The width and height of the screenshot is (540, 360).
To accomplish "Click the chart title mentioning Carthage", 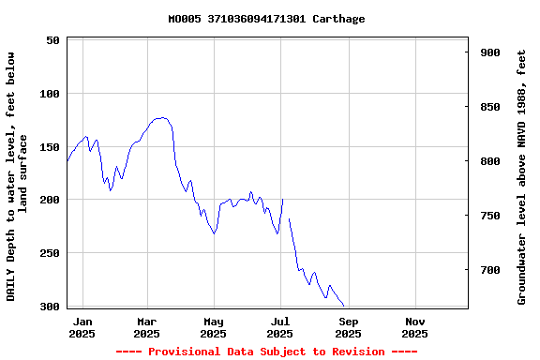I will (266, 19).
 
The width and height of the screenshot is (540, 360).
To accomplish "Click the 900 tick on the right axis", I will (490, 52).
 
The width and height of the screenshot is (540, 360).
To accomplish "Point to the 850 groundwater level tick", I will (490, 107).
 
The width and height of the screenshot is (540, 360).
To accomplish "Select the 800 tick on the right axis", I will (490, 161).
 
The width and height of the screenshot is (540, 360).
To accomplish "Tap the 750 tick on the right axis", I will (490, 216).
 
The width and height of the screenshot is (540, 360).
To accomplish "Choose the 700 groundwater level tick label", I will (490, 270).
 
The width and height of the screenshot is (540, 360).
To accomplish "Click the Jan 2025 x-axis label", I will (82, 327).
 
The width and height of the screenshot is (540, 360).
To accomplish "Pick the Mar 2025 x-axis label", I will (147, 327).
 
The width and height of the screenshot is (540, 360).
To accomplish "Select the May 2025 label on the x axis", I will (214, 327).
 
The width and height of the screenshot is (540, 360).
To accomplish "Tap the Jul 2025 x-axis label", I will (280, 327).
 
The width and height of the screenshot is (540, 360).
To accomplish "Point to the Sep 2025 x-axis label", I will (348, 327).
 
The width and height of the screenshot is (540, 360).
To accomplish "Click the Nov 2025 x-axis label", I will (415, 327).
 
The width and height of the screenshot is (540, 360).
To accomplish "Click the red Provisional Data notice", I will (266, 352).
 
